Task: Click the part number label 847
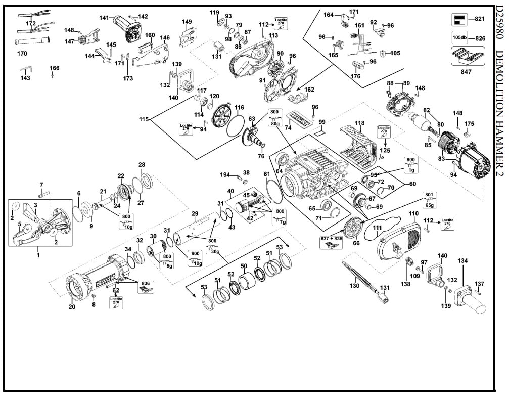tap(466, 72)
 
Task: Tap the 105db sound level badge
tap(459, 38)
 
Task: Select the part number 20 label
tap(72, 306)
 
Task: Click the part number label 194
tap(225, 174)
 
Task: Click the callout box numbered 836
tap(146, 286)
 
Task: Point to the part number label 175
tap(470, 124)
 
